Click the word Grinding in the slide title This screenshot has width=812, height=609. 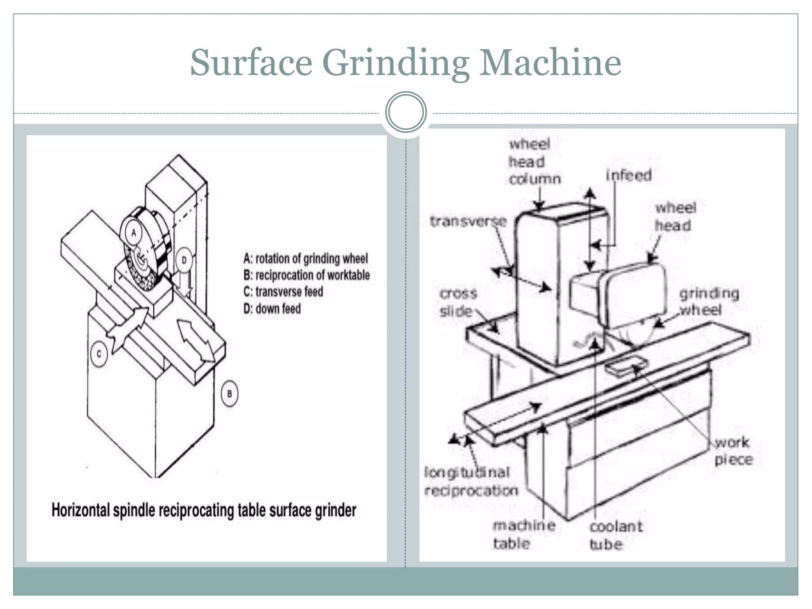[395, 63]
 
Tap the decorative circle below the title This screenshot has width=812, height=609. [406, 112]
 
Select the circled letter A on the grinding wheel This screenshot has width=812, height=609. [134, 233]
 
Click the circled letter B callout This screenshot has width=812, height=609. [229, 394]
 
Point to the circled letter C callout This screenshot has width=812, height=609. [99, 353]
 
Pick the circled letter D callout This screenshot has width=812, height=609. [184, 260]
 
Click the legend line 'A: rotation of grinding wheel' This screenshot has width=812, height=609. [305, 259]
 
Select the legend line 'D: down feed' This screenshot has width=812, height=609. [272, 308]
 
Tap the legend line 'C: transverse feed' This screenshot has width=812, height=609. [283, 292]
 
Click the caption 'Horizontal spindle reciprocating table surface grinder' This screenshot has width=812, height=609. [204, 510]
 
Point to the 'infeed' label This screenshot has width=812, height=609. [629, 175]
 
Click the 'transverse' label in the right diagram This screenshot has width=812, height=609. [468, 221]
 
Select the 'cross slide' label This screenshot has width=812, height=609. [458, 302]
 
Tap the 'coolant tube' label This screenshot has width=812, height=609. [615, 535]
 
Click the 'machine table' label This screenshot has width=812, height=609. [523, 534]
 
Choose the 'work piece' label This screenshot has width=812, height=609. [733, 451]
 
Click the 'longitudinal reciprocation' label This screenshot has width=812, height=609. [471, 481]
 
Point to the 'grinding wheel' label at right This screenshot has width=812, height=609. [709, 301]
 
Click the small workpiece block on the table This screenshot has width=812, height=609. [626, 365]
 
